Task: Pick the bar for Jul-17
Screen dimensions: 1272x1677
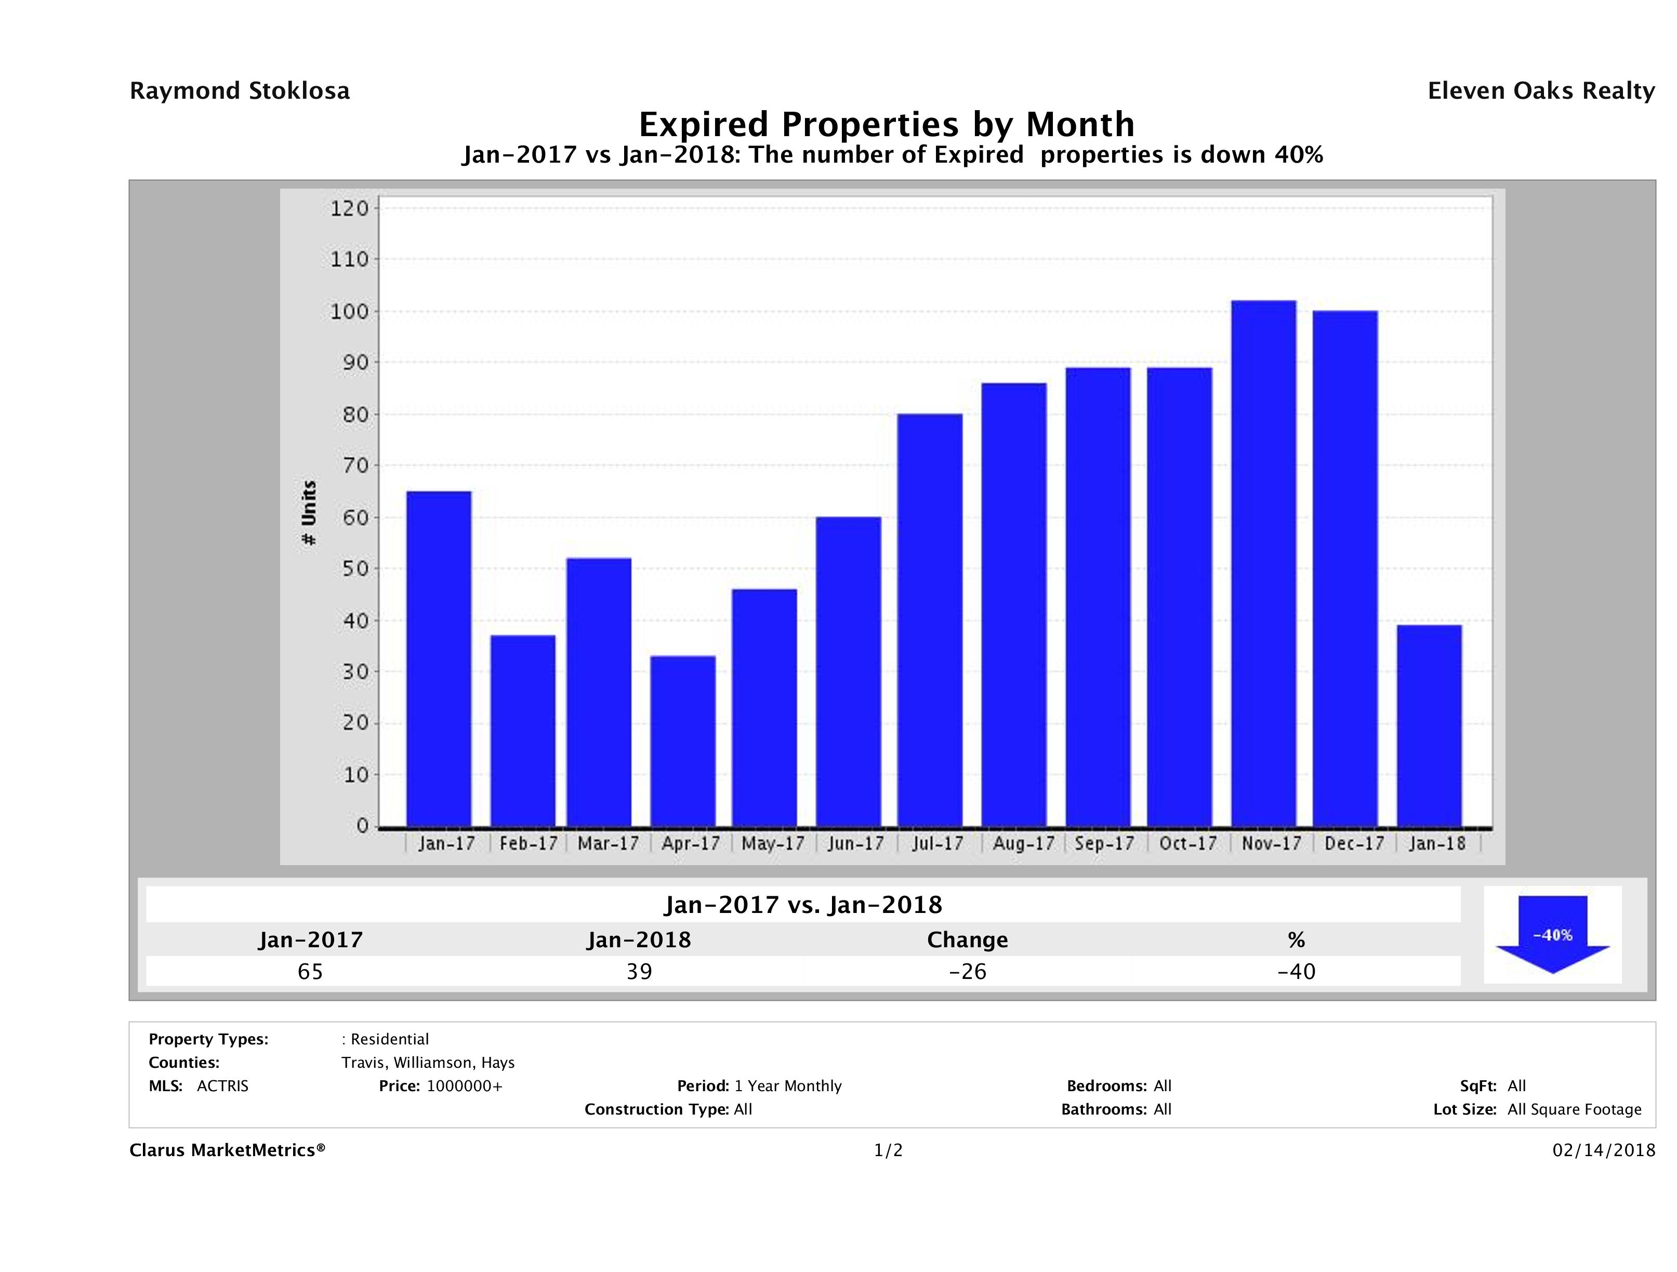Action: click(930, 620)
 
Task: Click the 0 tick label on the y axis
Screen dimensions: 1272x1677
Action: click(362, 826)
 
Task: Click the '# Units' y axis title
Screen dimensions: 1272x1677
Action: click(309, 513)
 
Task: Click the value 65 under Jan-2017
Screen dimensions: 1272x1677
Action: click(310, 972)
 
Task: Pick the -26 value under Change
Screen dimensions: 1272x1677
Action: click(968, 972)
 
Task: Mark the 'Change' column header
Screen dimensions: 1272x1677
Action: click(968, 940)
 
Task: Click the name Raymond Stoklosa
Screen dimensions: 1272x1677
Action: click(240, 91)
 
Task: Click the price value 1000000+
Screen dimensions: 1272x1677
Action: click(464, 1085)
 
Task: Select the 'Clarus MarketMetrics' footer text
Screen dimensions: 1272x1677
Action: click(228, 1150)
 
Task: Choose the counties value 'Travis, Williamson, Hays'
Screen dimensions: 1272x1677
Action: click(428, 1062)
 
